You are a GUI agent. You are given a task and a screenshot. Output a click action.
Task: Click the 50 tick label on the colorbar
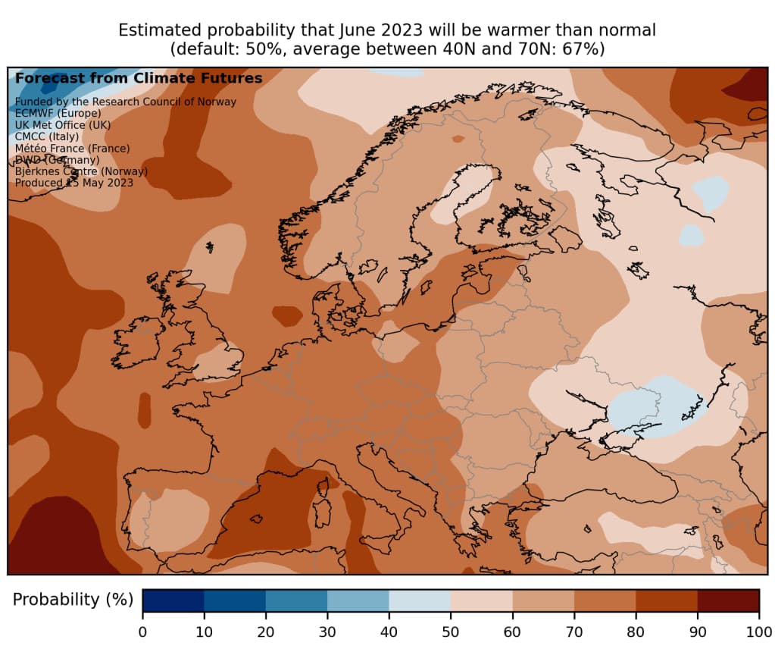451,632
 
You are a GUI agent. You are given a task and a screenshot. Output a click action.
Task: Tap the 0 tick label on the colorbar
142,632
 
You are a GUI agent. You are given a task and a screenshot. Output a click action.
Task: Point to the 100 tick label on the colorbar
758,632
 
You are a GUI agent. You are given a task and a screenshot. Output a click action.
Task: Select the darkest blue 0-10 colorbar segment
173,600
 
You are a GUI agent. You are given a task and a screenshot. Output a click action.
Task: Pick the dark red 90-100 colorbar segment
728,600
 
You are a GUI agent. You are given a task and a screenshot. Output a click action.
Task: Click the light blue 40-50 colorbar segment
420,600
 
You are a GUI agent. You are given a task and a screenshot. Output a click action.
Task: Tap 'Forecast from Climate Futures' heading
139,78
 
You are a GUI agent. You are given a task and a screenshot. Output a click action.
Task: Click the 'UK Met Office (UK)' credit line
63,124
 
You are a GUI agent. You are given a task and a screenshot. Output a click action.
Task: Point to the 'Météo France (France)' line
72,148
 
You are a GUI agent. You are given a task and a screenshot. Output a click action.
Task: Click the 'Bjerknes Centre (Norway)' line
81,171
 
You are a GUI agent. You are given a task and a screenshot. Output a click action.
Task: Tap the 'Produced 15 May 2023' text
73,183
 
